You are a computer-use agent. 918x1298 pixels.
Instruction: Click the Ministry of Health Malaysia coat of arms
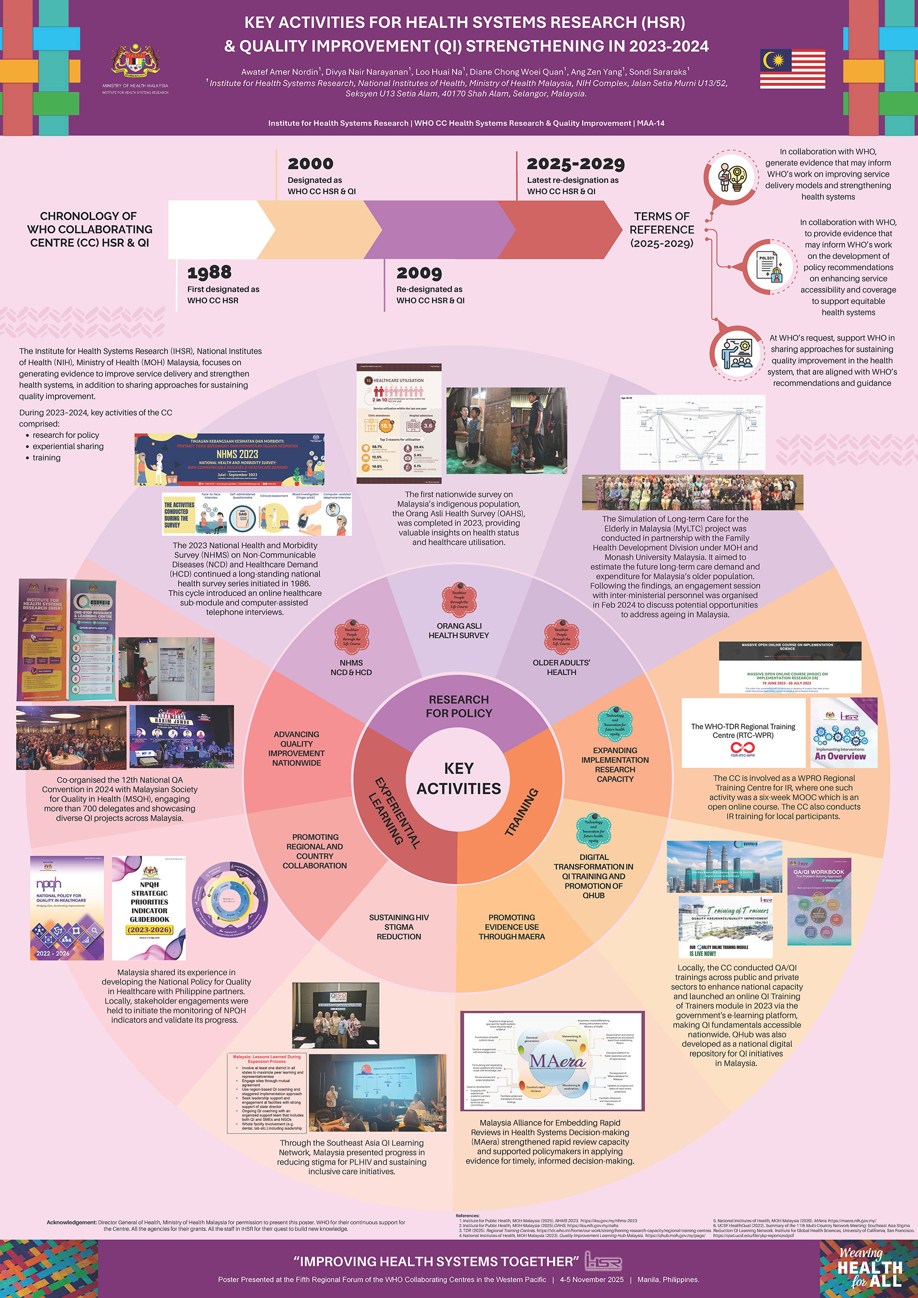(x=135, y=61)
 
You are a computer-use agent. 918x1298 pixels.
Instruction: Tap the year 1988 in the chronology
(x=209, y=273)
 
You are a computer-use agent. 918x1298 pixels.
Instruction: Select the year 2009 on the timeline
(x=419, y=273)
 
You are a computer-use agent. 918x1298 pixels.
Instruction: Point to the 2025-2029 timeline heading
(x=576, y=164)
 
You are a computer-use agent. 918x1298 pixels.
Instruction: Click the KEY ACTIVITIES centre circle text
(x=459, y=779)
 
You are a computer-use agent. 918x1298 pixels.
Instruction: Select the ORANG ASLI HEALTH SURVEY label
(x=459, y=630)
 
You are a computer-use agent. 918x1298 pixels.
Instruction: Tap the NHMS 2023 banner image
(x=229, y=459)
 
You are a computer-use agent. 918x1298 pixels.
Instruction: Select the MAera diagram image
(x=552, y=1062)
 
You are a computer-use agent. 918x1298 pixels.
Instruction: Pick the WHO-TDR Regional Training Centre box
(x=743, y=733)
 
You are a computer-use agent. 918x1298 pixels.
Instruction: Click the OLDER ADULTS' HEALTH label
(x=561, y=667)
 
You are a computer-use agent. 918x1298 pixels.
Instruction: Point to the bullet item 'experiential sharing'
(x=68, y=446)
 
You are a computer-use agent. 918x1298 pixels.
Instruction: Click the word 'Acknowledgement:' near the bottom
(x=72, y=1222)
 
